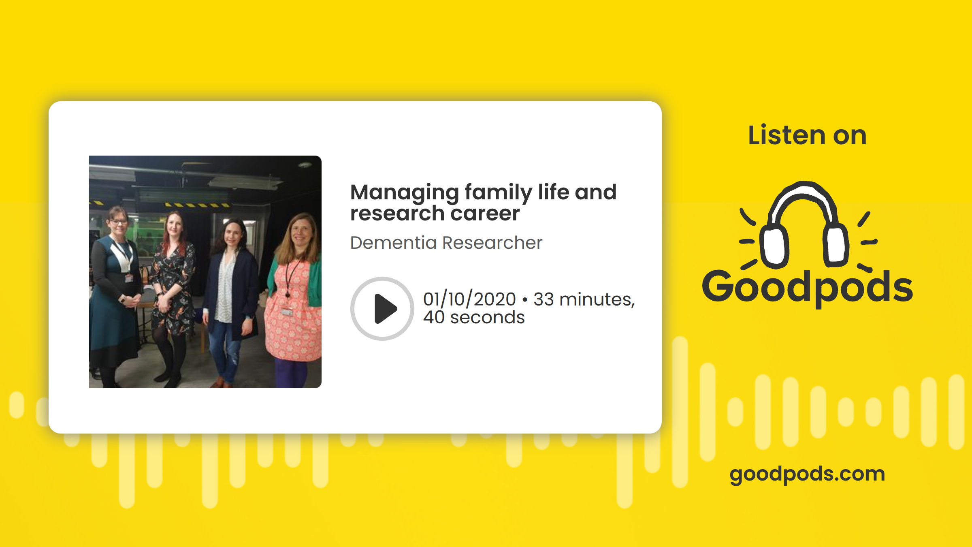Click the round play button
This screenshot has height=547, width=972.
point(382,309)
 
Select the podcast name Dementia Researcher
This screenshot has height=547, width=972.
point(446,243)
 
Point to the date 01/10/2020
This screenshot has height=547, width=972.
point(469,299)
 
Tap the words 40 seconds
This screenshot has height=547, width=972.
point(474,317)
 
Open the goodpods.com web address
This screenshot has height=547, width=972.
point(807,474)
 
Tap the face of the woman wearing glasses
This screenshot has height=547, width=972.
point(118,223)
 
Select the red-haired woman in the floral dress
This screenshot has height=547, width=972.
point(170,296)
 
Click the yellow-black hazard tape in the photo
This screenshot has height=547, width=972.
point(198,205)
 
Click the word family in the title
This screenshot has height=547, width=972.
point(499,193)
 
